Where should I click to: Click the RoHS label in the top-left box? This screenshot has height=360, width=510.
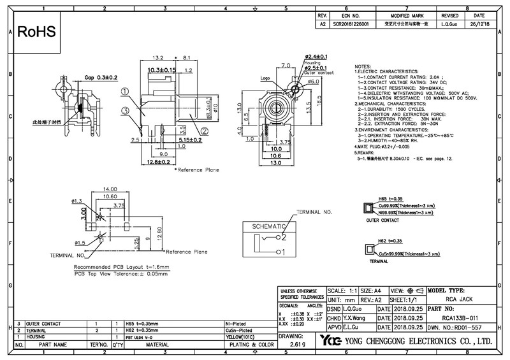click(37, 31)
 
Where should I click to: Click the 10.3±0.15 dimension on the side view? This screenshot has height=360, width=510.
click(161, 69)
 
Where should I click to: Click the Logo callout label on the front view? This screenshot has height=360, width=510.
click(266, 78)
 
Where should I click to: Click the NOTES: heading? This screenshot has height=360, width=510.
click(363, 67)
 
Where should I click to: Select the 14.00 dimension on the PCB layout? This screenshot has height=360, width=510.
click(110, 190)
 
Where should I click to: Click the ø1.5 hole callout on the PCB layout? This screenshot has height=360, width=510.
click(80, 243)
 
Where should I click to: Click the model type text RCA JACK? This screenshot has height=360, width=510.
click(458, 298)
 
